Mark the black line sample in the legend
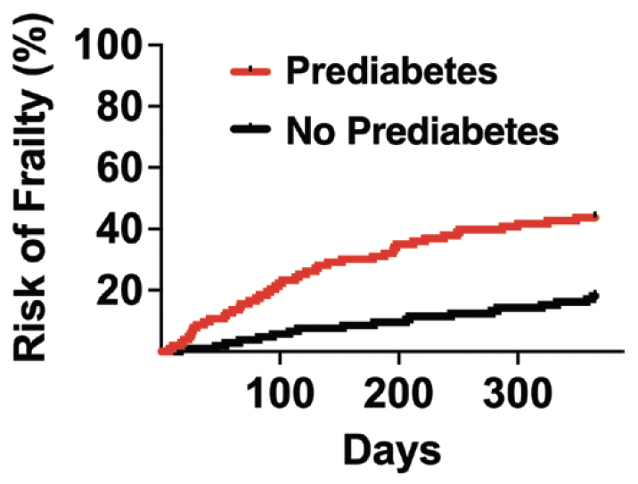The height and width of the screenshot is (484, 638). click(x=252, y=131)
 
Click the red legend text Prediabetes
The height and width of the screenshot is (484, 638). click(x=393, y=71)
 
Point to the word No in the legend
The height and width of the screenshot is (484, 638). click(x=308, y=131)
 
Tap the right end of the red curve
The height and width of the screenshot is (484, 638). click(x=594, y=216)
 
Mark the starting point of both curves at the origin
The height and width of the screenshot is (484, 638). click(x=162, y=351)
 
